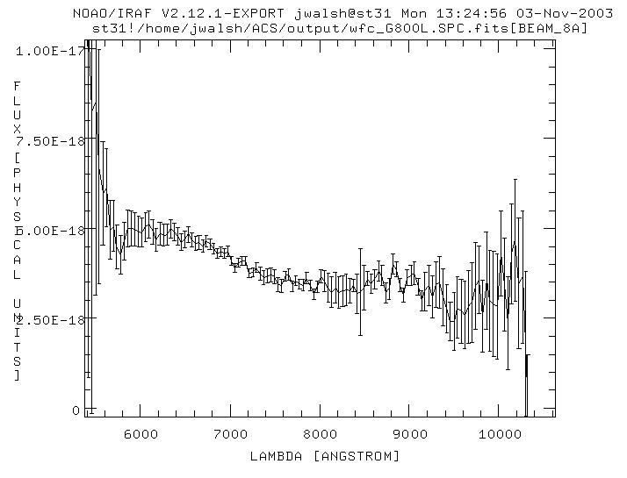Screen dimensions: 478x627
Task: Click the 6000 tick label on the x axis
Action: (x=141, y=434)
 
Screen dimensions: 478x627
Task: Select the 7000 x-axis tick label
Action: (x=230, y=434)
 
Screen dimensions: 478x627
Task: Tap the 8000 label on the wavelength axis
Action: (x=321, y=434)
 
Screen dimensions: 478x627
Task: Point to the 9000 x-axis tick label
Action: (x=410, y=434)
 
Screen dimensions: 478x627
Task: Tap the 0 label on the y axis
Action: (x=76, y=410)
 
